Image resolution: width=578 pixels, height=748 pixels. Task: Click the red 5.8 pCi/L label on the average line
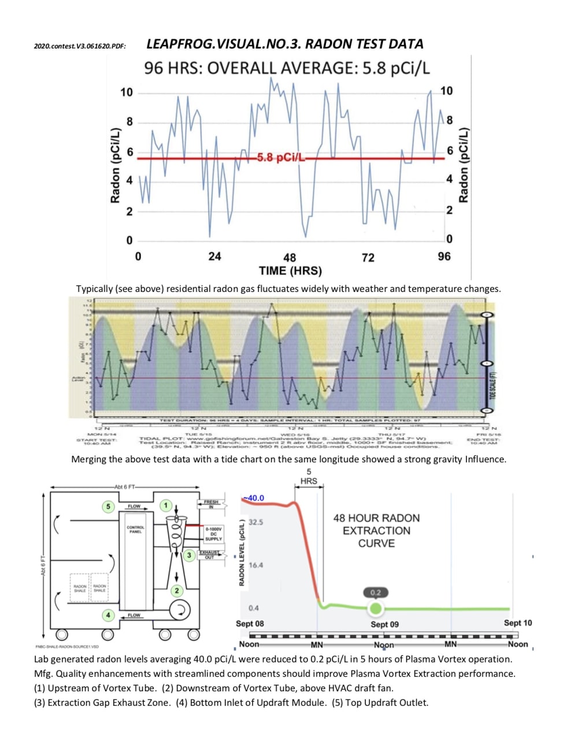280,158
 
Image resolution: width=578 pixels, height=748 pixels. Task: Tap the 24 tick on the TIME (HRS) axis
214,256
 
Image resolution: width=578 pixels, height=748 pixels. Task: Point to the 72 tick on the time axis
368,257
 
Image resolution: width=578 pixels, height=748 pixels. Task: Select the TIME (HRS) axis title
290,271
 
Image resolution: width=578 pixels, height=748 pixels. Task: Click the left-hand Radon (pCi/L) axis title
115,165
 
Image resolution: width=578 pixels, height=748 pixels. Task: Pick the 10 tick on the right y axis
446,91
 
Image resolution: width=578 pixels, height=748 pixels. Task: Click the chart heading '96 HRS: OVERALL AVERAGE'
287,68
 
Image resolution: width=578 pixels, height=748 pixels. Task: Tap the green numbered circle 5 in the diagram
108,506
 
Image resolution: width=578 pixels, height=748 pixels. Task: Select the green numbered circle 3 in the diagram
188,555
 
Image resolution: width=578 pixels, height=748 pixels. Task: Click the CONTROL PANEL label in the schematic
135,529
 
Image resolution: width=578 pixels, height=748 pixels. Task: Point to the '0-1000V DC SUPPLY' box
213,534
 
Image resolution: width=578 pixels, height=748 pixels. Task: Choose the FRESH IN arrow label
211,504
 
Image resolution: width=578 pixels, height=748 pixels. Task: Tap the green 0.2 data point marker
376,608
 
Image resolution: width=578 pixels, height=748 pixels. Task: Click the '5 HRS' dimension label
309,476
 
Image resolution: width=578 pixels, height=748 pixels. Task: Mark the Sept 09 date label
384,624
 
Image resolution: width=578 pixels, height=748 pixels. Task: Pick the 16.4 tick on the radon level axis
255,565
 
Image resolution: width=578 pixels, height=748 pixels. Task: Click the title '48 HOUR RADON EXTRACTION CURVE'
376,531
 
